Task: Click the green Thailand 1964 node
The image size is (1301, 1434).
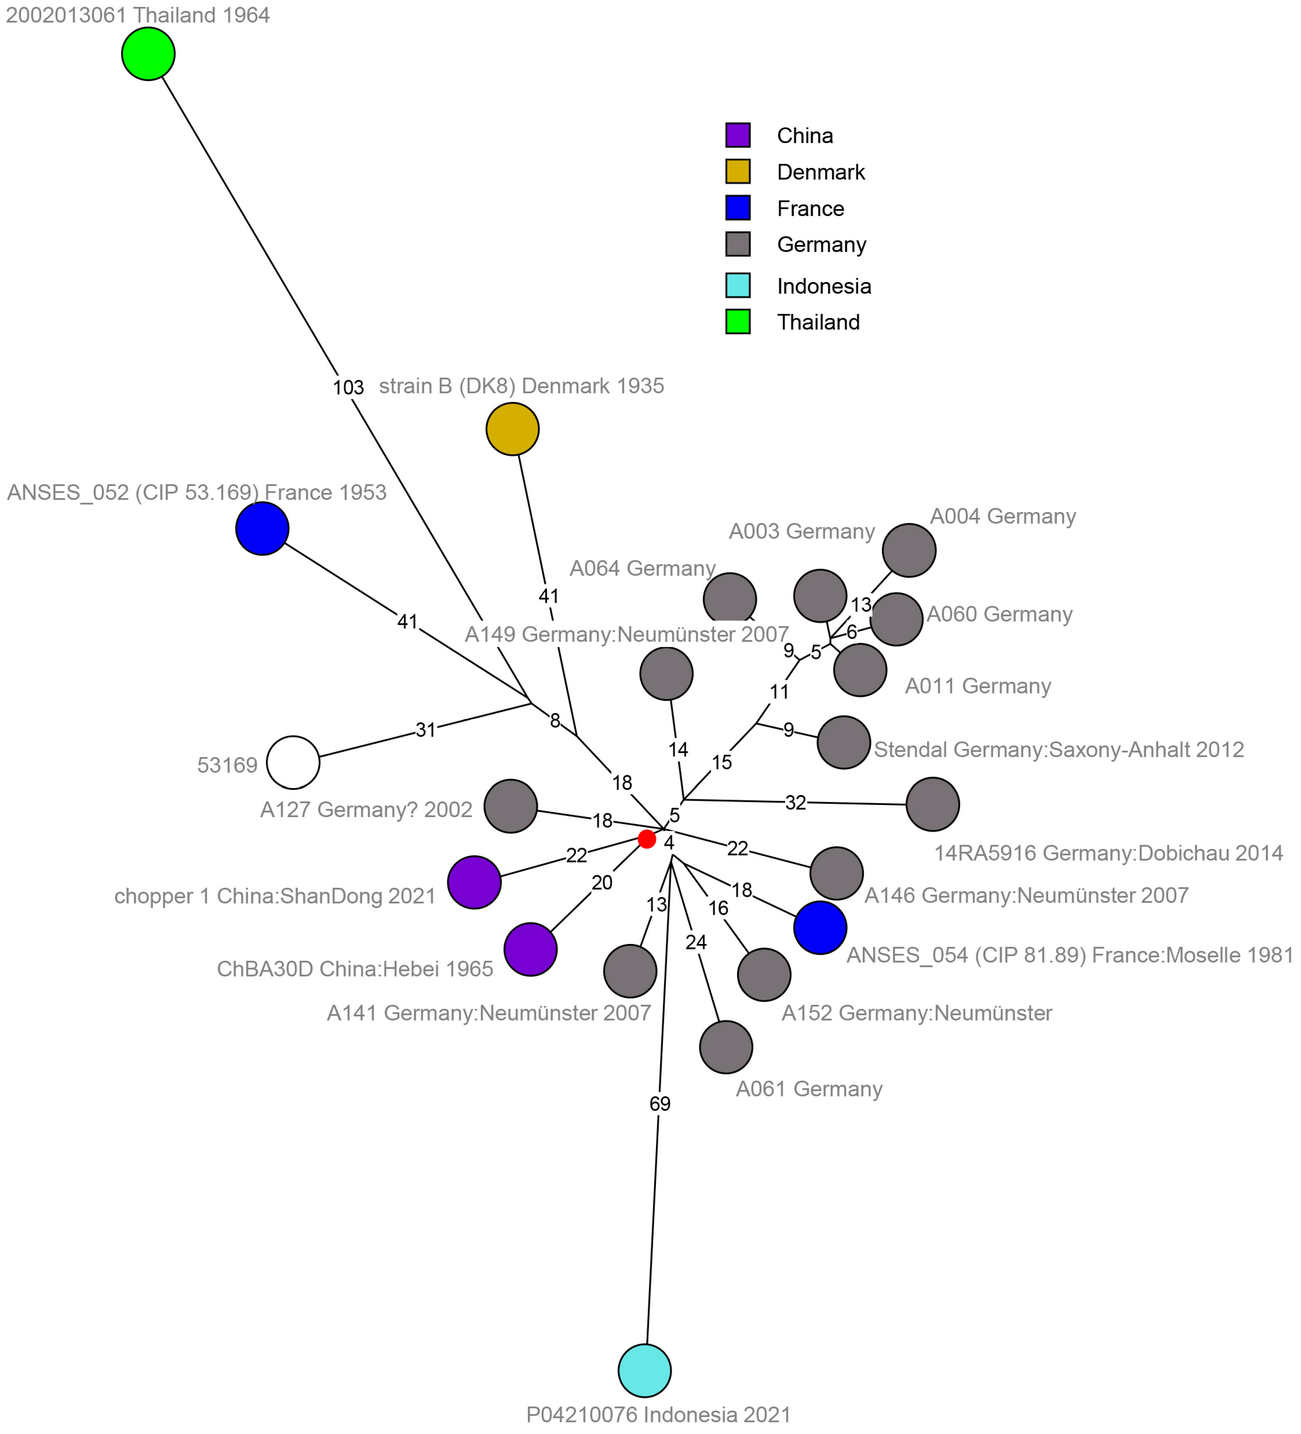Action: pyautogui.click(x=148, y=54)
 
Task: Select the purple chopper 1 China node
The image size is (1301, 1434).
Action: pyautogui.click(x=474, y=882)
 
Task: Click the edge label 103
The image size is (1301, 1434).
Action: pyautogui.click(x=348, y=388)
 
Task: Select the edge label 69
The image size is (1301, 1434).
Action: pyautogui.click(x=660, y=1103)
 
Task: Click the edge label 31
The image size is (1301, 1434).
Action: pyautogui.click(x=425, y=730)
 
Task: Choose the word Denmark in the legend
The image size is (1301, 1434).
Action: pyautogui.click(x=820, y=172)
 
